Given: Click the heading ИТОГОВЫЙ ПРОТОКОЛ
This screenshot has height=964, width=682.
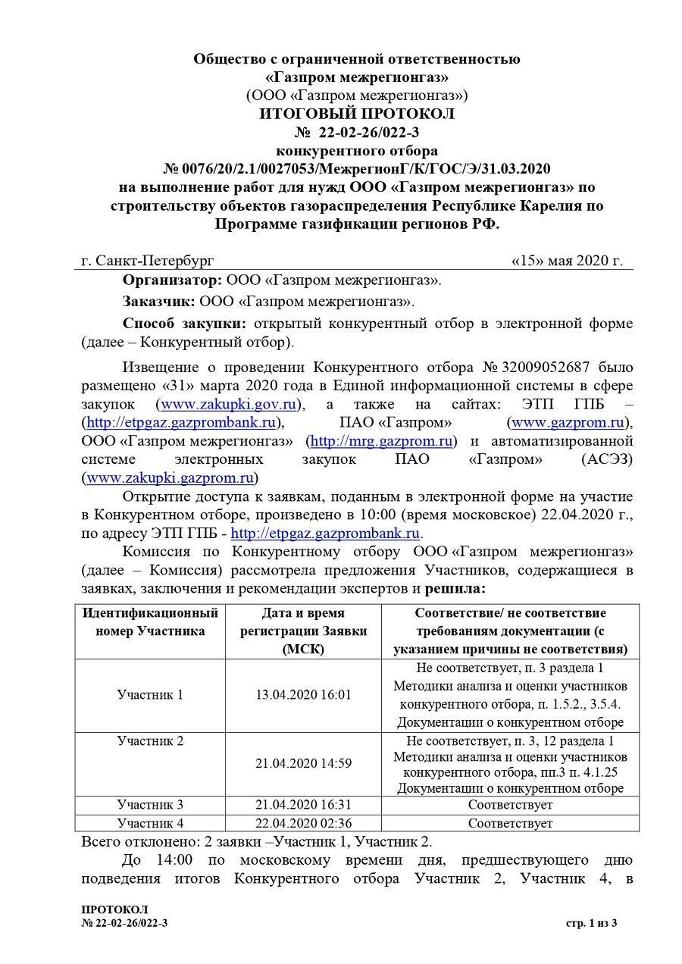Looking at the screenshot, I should coord(357,114).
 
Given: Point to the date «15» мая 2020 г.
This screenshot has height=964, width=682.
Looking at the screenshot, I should coord(567,261).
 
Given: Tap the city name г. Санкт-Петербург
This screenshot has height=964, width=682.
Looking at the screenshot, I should coord(148,261).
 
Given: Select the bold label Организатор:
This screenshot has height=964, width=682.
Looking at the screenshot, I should coord(172,280).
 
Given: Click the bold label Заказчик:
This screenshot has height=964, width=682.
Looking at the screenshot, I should coord(159,302).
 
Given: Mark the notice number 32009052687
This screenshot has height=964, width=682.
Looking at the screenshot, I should coord(565,368).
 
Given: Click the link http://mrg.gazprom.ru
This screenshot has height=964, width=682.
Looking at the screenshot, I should coord(383,440).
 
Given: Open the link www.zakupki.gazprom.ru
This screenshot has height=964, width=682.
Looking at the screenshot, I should coord(170,477).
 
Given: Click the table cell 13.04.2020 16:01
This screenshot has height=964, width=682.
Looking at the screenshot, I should coord(303,695).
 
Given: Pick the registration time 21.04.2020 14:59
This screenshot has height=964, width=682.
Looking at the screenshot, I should coord(303,764).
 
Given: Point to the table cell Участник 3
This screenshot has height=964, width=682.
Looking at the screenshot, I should coord(150,805).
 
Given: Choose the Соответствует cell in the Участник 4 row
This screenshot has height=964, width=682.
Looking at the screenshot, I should coord(510,823).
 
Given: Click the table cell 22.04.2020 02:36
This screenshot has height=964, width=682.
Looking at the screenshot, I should coord(303,823).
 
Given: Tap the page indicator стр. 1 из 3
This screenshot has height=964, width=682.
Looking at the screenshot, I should coord(592,922).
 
